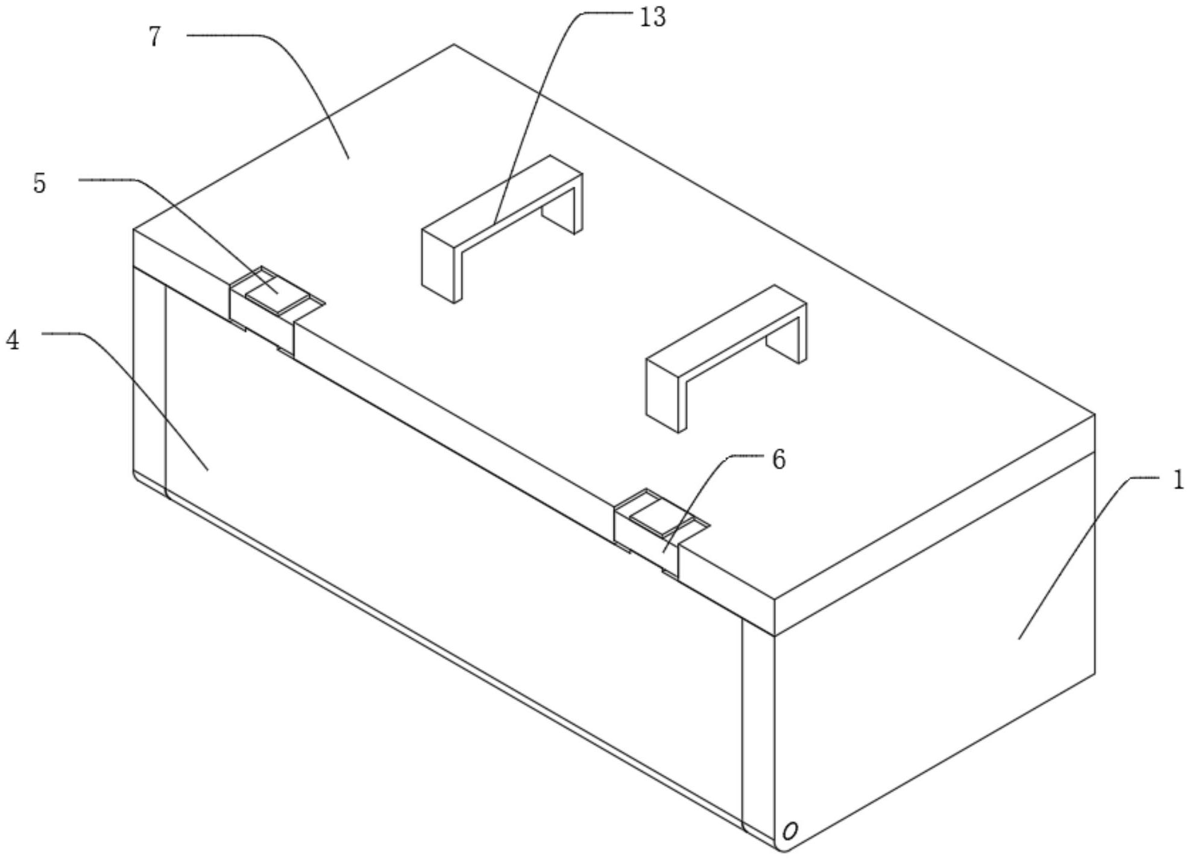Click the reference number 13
652,18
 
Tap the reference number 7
155,37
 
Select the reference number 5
39,183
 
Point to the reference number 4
13,341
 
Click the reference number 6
779,460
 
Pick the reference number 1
1178,481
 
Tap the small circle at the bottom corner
790,831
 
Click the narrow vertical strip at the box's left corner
149,386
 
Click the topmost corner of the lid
454,45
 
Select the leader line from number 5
199,223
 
